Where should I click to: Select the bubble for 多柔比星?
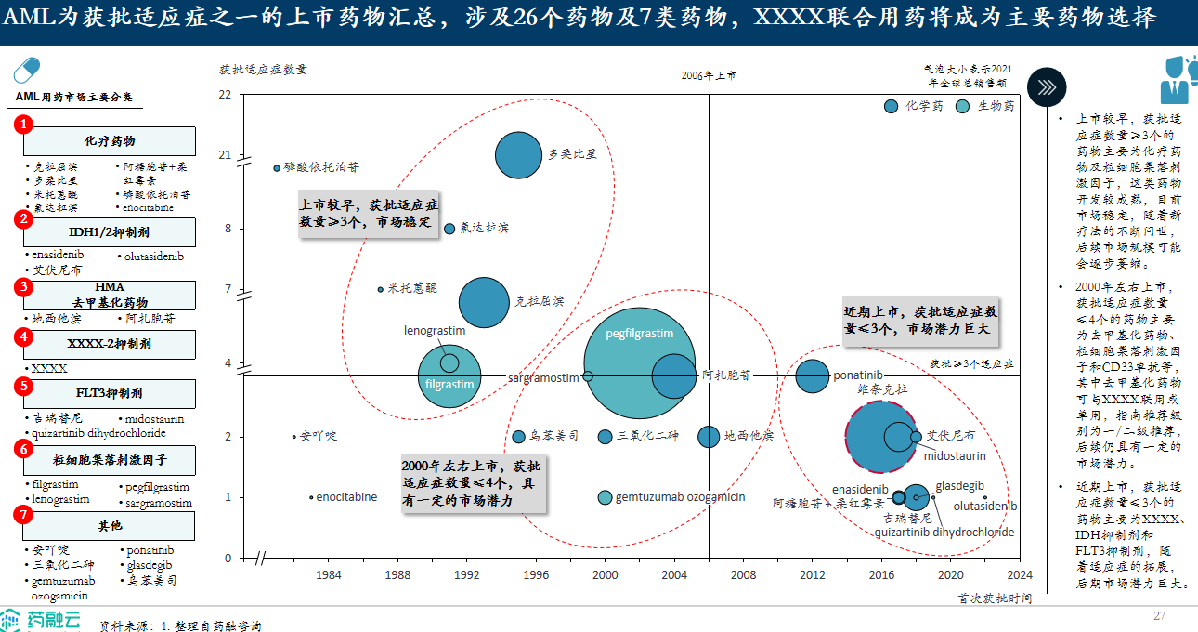click(x=518, y=154)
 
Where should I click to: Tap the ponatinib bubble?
click(x=813, y=375)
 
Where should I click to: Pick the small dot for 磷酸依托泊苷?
click(x=277, y=168)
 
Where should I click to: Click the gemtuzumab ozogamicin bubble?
click(x=605, y=497)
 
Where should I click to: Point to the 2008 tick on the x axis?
click(x=743, y=574)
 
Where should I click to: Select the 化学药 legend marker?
click(x=892, y=106)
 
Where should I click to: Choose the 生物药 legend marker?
click(x=963, y=106)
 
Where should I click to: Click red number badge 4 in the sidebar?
click(x=24, y=338)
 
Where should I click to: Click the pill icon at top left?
click(x=27, y=72)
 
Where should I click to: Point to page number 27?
click(x=1159, y=616)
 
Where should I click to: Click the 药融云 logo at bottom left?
click(x=41, y=620)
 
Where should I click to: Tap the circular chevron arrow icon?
click(x=1047, y=86)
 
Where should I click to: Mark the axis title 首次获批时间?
click(x=995, y=599)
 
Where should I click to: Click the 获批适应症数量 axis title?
click(x=263, y=69)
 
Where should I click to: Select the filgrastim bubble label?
click(x=449, y=384)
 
